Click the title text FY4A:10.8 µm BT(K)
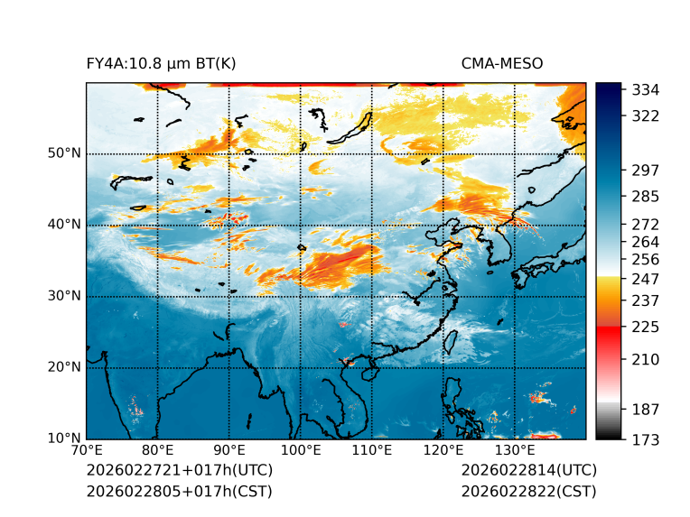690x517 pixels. (x=161, y=63)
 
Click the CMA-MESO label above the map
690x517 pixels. (x=502, y=63)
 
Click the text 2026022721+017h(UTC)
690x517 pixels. (x=179, y=470)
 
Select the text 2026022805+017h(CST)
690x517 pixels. (x=179, y=491)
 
